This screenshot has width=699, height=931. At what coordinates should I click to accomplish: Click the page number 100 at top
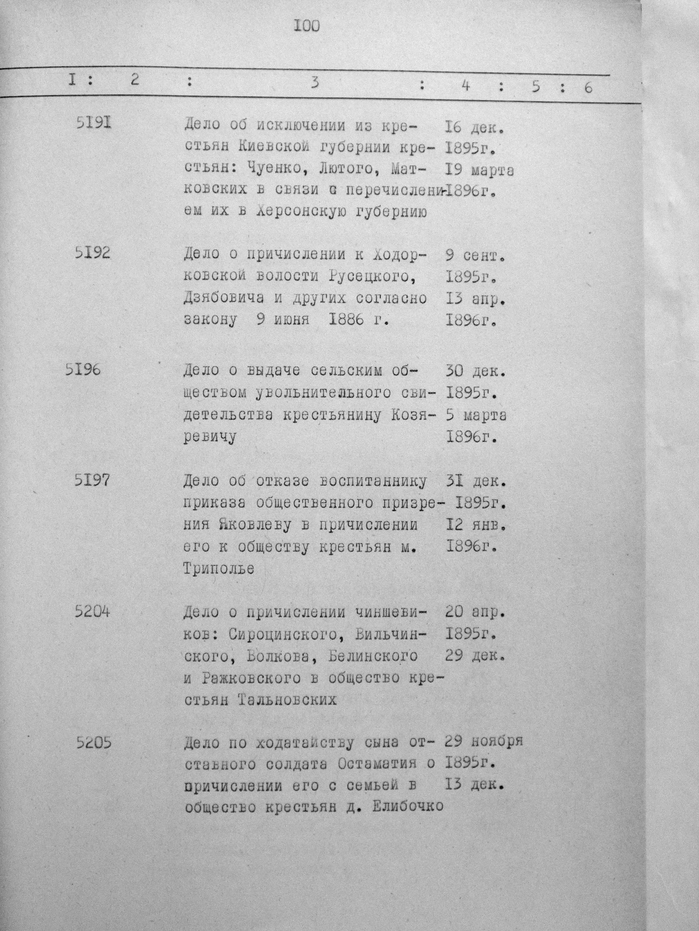306,27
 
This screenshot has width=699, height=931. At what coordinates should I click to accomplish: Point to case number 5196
83,370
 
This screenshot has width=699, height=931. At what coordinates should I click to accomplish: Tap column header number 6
588,88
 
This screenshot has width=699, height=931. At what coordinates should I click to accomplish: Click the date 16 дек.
474,127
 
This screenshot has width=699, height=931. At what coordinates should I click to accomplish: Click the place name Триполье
219,569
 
